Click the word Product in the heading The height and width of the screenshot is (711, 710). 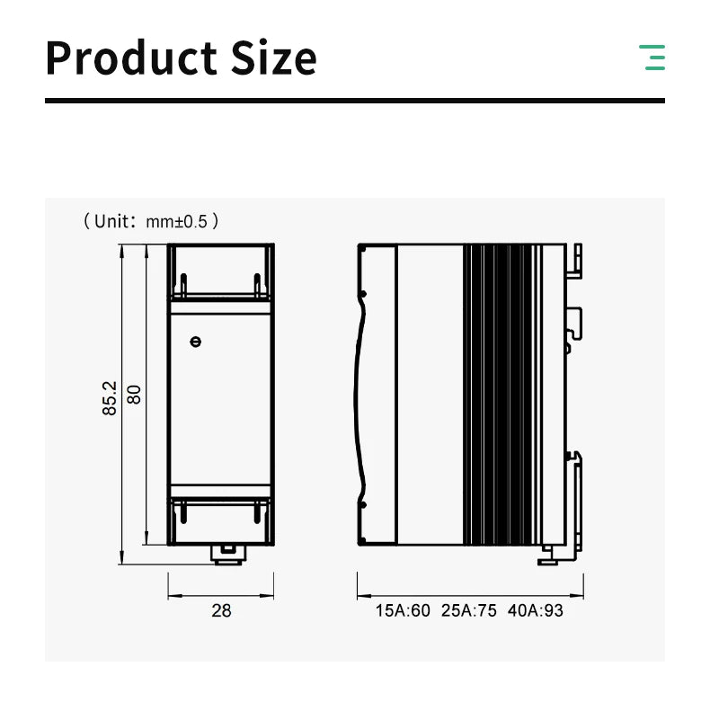tap(131, 58)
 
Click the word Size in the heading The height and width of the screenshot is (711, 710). tap(274, 58)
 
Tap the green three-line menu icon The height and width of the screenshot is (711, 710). tap(652, 58)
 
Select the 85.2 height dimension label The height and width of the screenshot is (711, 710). tap(110, 398)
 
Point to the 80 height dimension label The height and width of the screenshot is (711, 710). tap(134, 395)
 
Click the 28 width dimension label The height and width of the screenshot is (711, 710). tap(221, 611)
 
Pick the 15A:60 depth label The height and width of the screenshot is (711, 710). tap(403, 611)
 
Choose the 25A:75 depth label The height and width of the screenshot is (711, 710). tap(469, 611)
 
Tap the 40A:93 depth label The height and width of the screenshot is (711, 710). tap(536, 611)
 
